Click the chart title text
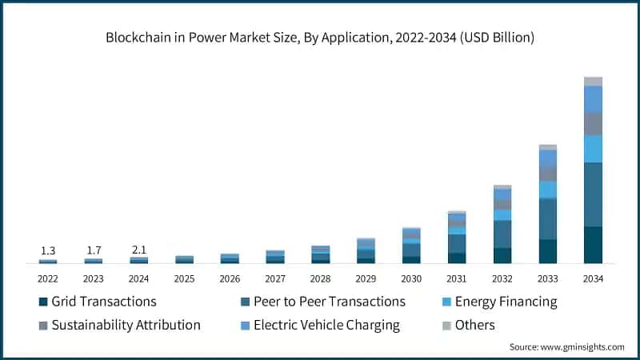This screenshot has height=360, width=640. pos(320,38)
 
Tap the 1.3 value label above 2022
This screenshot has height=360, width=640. pos(47,250)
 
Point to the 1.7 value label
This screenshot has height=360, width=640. pos(94,250)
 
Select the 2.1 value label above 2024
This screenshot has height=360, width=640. pos(138,250)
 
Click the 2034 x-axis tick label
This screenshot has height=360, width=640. pos(593,278)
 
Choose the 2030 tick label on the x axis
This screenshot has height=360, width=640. pos(411,278)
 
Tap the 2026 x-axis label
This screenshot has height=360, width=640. pos(230,278)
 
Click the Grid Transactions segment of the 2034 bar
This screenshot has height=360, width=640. pos(593,245)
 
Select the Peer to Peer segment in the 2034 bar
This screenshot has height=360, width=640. pos(593,194)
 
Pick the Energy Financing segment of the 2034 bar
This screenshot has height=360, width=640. pos(593,149)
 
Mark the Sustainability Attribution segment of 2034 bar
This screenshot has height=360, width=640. pos(593,124)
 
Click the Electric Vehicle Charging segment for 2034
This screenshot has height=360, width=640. pos(593,99)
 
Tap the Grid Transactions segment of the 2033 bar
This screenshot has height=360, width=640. pos(547,251)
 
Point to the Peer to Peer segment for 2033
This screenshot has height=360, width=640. pos(547,219)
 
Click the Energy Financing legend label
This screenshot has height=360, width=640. pos(506,302)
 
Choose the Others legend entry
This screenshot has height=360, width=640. pos(474,326)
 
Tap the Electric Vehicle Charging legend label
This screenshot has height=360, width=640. pos(326,326)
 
